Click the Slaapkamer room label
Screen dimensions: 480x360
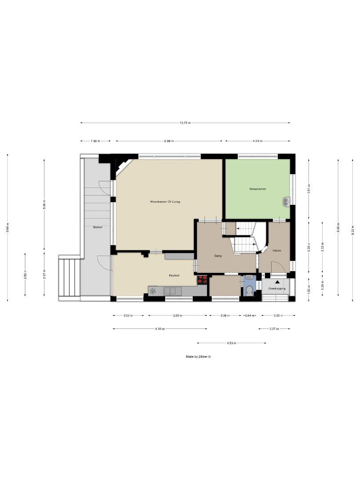click(x=258, y=189)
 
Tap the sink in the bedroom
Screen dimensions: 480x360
click(x=287, y=202)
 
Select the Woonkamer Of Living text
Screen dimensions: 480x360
click(x=165, y=201)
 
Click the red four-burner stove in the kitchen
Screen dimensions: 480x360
click(x=202, y=280)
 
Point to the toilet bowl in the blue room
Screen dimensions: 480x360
click(x=250, y=291)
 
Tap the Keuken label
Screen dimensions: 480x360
click(x=174, y=276)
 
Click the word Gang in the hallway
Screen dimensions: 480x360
click(x=218, y=256)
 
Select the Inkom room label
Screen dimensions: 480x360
click(x=276, y=251)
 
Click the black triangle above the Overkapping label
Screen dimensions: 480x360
click(x=278, y=282)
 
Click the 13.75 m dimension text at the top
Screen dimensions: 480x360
click(x=185, y=123)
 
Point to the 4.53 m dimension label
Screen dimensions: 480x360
click(x=231, y=343)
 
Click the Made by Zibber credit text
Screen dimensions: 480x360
click(x=198, y=356)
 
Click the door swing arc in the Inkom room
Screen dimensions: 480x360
click(x=278, y=265)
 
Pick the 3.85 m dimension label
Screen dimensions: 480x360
click(x=178, y=316)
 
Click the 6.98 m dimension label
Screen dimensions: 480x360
click(x=169, y=141)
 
